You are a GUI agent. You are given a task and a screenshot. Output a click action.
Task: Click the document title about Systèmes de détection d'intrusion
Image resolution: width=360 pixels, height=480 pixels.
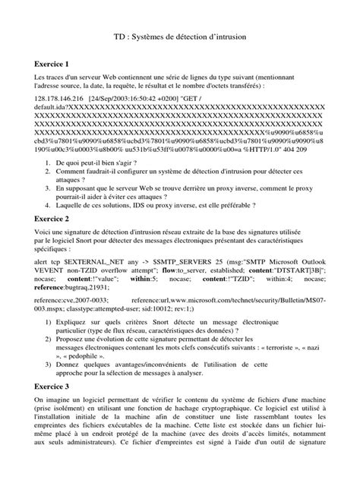pos(180,36)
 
